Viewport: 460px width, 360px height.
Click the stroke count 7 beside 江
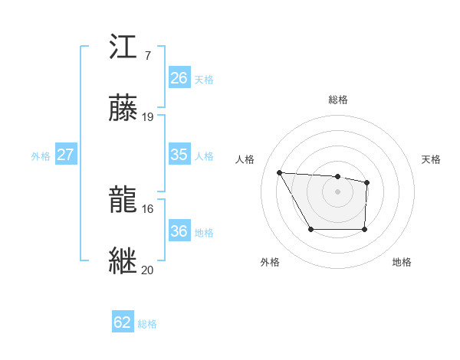pos(147,57)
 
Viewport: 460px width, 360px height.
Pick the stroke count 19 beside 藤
pos(148,117)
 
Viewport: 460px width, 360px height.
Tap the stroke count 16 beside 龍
pos(148,208)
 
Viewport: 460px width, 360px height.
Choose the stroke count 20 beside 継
pos(148,270)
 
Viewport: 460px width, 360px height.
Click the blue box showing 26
pos(179,78)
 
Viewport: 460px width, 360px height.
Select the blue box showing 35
pos(179,155)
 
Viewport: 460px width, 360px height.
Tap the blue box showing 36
pos(179,231)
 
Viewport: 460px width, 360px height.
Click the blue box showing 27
pos(66,155)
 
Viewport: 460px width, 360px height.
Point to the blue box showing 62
pos(123,322)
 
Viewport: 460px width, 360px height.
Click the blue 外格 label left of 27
pos(41,156)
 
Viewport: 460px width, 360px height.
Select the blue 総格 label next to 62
pos(147,324)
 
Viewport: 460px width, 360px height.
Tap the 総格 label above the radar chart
pos(338,100)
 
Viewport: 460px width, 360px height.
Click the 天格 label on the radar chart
pos(432,159)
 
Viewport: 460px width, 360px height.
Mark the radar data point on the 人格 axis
pos(280,172)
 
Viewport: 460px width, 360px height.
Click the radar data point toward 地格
pos(364,229)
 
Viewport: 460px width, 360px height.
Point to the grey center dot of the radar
pos(338,191)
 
